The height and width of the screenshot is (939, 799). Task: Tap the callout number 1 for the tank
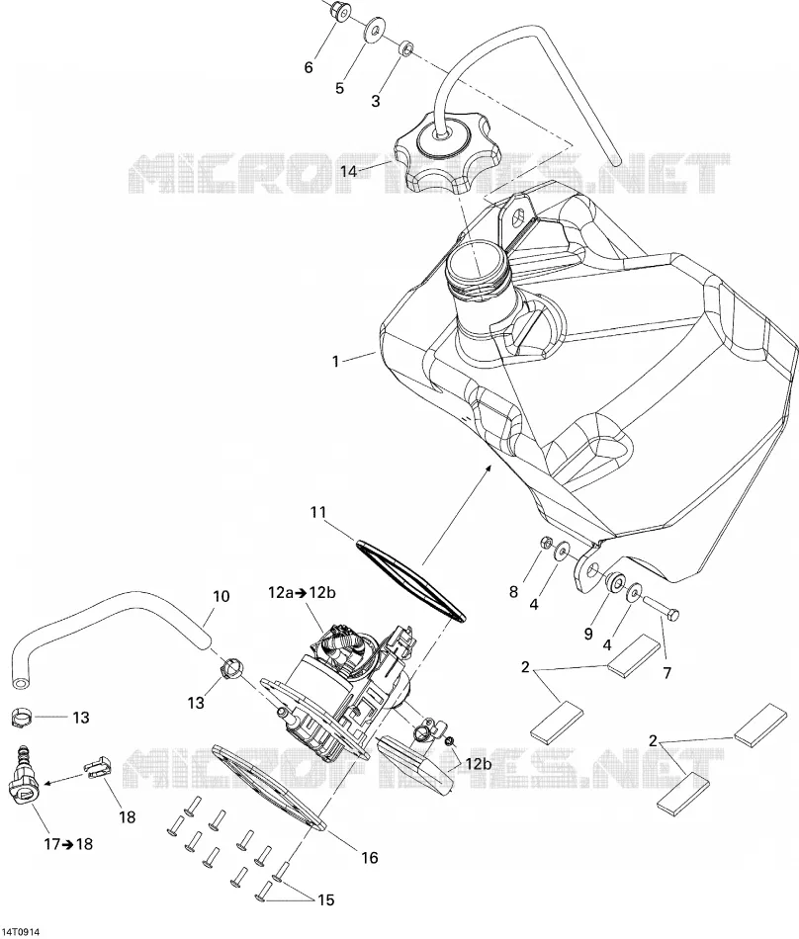[x=336, y=361]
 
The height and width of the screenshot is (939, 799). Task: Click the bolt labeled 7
[x=664, y=607]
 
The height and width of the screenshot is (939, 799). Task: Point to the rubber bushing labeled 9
[x=613, y=584]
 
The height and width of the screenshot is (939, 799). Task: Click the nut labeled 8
[x=546, y=543]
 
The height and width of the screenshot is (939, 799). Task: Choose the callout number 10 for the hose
[x=222, y=596]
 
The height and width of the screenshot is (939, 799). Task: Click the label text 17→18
[x=68, y=844]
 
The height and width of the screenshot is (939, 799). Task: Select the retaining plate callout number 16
[x=370, y=858]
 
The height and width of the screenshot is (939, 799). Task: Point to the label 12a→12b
[x=302, y=593]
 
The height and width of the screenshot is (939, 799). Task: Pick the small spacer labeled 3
[x=406, y=47]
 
